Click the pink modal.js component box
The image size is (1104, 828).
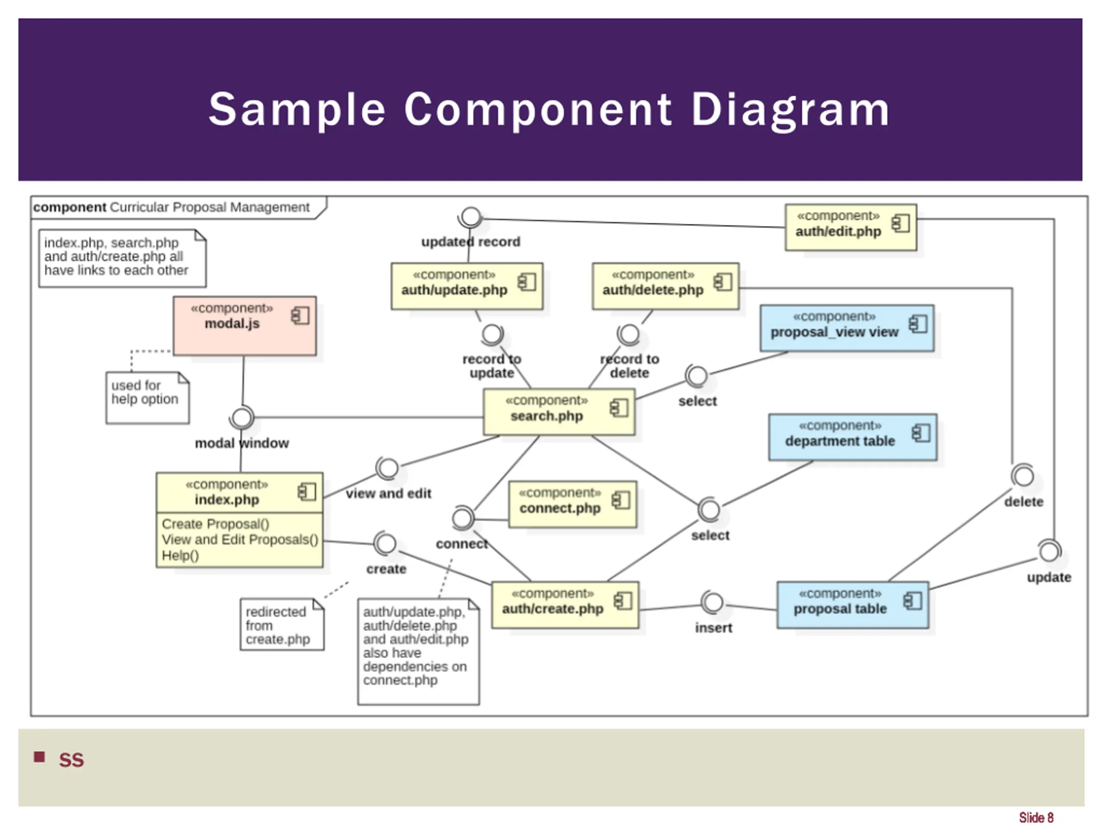pyautogui.click(x=245, y=326)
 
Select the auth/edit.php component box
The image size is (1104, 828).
pyautogui.click(x=850, y=227)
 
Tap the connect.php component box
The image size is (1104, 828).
pyautogui.click(x=572, y=504)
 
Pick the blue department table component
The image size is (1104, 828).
pyautogui.click(x=853, y=437)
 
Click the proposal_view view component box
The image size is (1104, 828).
pyautogui.click(x=847, y=328)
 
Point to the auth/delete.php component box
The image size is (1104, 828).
pyautogui.click(x=665, y=286)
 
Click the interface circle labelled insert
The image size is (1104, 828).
pyautogui.click(x=713, y=602)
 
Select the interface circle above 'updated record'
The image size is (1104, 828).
pyautogui.click(x=470, y=217)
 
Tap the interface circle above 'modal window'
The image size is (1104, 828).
pyautogui.click(x=242, y=418)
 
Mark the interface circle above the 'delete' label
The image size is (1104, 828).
pyautogui.click(x=1023, y=476)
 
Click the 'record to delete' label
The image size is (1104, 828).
pyautogui.click(x=629, y=366)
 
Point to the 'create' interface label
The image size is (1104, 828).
pyautogui.click(x=386, y=569)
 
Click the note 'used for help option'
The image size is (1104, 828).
pyautogui.click(x=147, y=397)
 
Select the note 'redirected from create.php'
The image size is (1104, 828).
pyautogui.click(x=282, y=625)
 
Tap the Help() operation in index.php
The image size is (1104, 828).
pyautogui.click(x=180, y=555)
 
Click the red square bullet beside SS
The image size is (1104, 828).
pyautogui.click(x=39, y=757)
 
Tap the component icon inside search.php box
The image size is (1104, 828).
pyautogui.click(x=619, y=408)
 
